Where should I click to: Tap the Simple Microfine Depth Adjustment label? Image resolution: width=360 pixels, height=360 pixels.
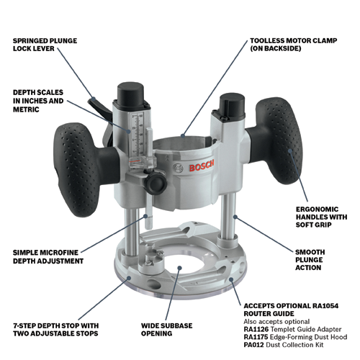point(48,257)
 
